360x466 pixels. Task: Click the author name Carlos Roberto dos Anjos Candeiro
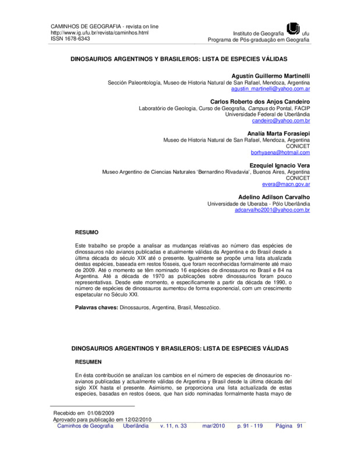pyautogui.click(x=260, y=101)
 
